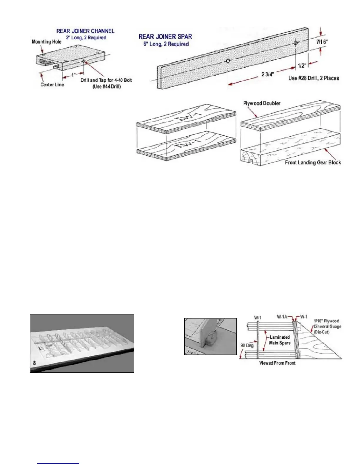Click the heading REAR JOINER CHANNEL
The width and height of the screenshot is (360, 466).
[85, 31]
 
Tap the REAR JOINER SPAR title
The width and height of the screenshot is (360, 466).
[165, 37]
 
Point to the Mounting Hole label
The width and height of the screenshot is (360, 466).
[46, 42]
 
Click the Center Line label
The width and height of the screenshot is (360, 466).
[52, 85]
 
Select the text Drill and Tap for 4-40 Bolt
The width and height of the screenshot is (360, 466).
[106, 80]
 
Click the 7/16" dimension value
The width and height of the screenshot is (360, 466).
[322, 42]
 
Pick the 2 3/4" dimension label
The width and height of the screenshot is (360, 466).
[268, 74]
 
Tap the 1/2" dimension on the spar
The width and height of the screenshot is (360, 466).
[302, 66]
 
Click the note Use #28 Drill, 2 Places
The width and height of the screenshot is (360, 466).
[314, 78]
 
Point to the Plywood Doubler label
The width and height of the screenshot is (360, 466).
[261, 103]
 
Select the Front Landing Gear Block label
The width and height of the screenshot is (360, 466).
[313, 162]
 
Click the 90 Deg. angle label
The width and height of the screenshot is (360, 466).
[247, 345]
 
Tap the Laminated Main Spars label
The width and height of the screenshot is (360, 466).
[280, 340]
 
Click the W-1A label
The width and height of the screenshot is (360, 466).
[282, 317]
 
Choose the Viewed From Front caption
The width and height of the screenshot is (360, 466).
[277, 363]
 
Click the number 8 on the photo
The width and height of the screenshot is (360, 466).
[34, 363]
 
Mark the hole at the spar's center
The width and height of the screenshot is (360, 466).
[228, 61]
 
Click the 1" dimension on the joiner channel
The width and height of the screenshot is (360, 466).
[73, 75]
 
